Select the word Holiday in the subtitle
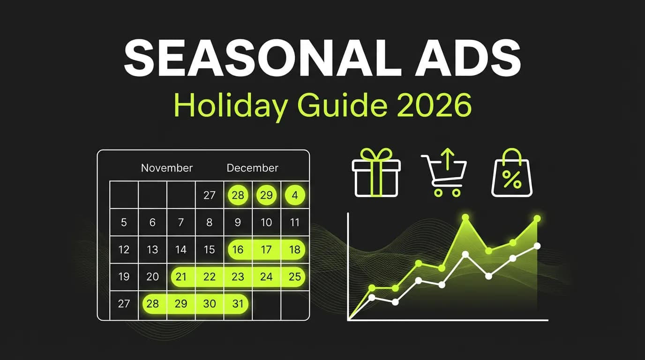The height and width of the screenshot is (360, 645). pos(230,106)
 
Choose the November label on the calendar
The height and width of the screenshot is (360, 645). pos(167,168)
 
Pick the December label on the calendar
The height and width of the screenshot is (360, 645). pos(252,168)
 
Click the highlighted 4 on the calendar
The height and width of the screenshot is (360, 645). pos(294,195)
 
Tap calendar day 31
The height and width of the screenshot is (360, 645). pos(238,304)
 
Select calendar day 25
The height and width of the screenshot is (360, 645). pos(294,277)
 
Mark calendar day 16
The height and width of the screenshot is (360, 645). pos(238,249)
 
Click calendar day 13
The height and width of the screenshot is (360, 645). pos(152,249)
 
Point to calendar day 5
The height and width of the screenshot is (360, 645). pos(124,222)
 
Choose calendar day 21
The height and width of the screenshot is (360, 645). pos(181,277)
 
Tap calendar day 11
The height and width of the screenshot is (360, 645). pos(294,222)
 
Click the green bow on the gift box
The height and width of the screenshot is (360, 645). pos(376,154)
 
